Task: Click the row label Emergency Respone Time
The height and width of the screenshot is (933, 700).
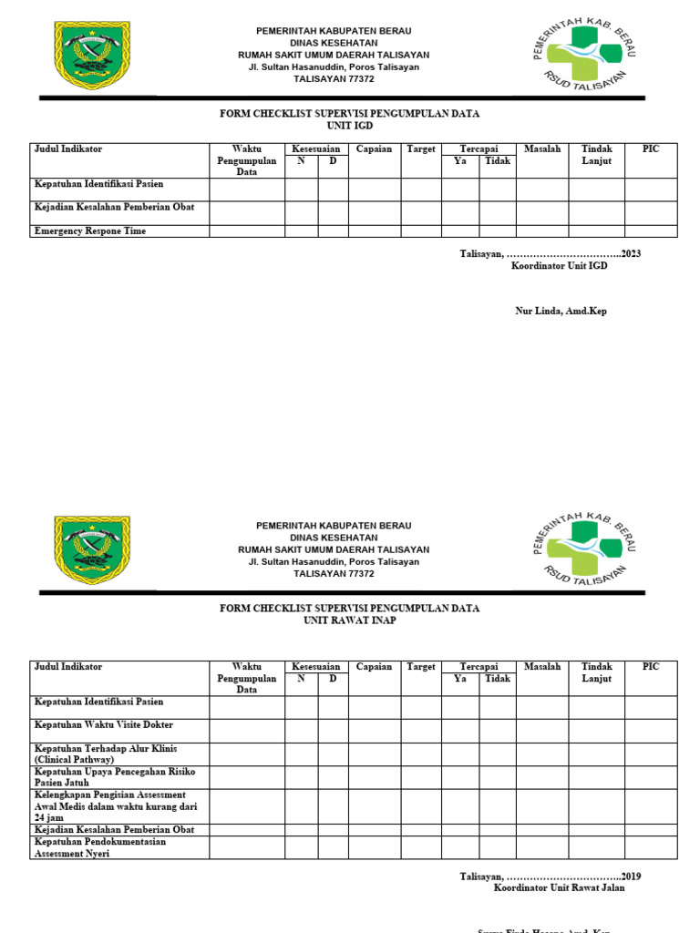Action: click(x=89, y=231)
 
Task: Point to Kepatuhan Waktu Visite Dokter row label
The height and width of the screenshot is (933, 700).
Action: click(x=103, y=725)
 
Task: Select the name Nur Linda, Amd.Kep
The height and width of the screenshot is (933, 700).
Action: click(x=561, y=311)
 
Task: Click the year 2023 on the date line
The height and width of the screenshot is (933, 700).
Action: click(x=631, y=253)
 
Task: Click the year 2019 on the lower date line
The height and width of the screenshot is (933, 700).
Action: click(x=631, y=877)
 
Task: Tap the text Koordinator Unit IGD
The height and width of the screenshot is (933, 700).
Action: click(x=559, y=265)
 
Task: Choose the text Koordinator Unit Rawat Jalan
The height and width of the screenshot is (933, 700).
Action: click(x=559, y=888)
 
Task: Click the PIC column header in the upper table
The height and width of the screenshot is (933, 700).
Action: click(x=650, y=149)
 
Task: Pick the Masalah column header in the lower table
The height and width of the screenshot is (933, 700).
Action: click(x=542, y=667)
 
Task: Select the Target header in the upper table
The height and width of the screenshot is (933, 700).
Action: click(x=421, y=149)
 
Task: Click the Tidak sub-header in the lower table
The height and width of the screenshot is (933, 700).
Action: click(x=498, y=679)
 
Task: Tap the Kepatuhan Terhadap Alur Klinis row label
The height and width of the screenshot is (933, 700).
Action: click(x=105, y=754)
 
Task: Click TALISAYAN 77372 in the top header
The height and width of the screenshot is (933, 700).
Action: click(x=334, y=79)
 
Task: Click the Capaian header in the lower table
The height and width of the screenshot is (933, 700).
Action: click(x=374, y=667)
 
